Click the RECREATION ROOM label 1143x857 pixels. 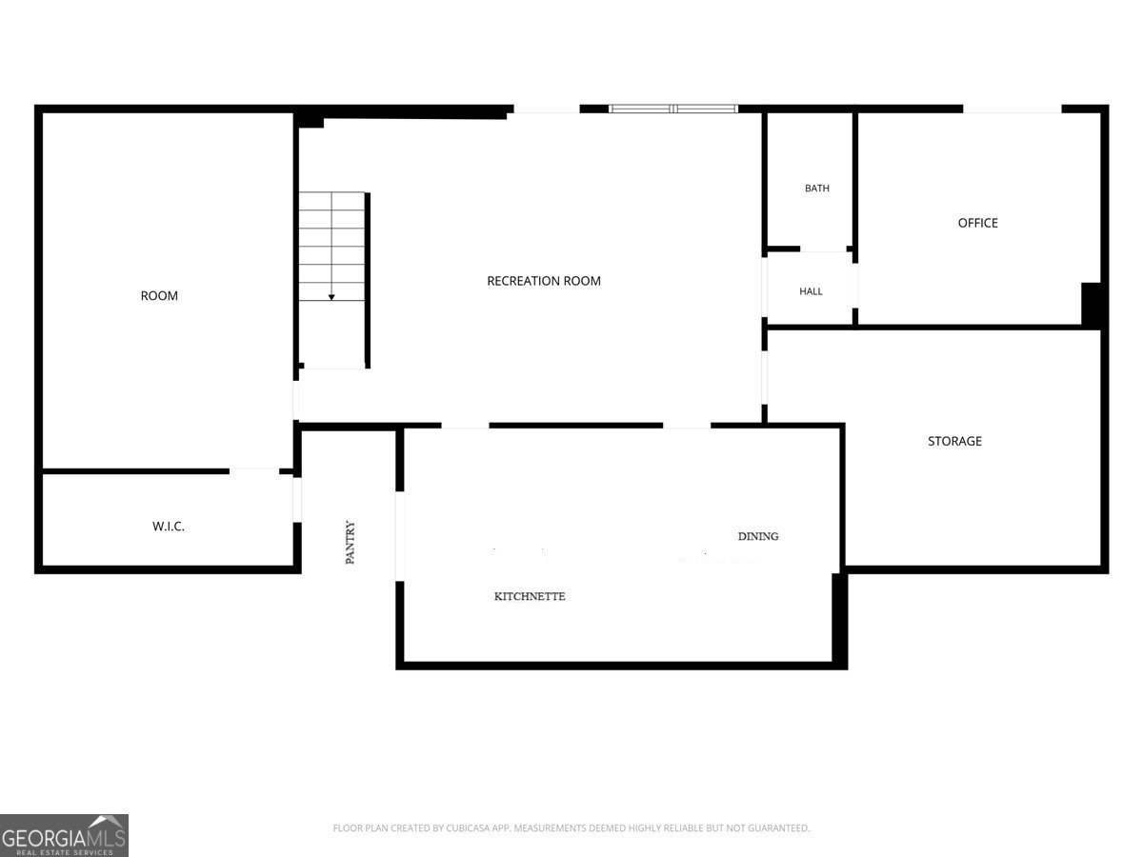point(544,281)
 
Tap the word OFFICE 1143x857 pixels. point(977,223)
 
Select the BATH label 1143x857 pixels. point(816,188)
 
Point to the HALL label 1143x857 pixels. point(811,291)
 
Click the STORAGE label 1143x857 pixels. point(954,441)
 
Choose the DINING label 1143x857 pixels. point(758,536)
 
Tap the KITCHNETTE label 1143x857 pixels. point(530,596)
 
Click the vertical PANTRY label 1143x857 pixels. point(351,542)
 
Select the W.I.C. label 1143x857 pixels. point(169,526)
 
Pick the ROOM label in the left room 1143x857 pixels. point(159,295)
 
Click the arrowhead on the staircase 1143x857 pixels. point(331,298)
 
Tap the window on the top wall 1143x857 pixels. point(673,109)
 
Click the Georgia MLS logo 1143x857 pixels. point(64,835)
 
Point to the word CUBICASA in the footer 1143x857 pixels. point(464,827)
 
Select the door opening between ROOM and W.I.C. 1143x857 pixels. point(254,471)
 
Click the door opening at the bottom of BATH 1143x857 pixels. point(823,249)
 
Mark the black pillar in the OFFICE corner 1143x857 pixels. point(1092,305)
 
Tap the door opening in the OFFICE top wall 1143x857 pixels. point(1012,109)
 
